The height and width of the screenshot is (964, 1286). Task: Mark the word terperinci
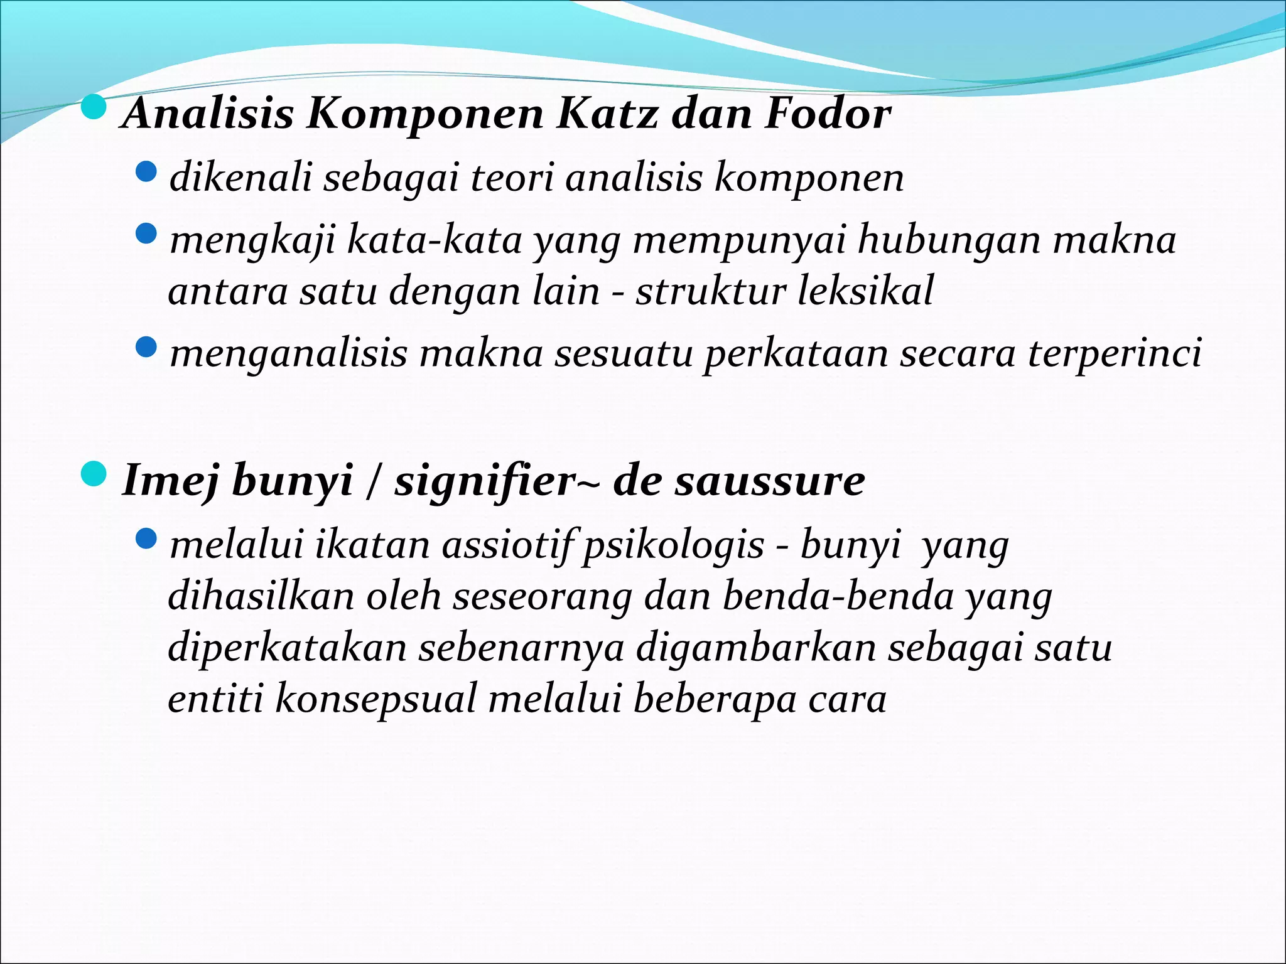[1115, 354]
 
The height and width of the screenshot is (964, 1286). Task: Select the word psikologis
[673, 545]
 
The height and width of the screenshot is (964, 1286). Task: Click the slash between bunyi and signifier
[374, 481]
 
